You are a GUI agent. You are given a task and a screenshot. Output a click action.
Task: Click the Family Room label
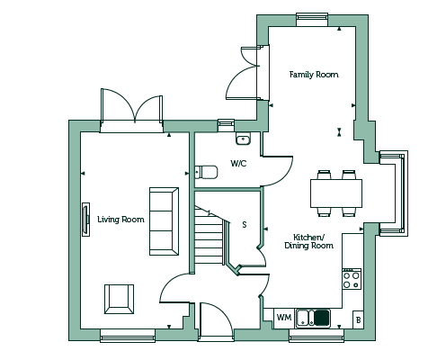tap(314, 75)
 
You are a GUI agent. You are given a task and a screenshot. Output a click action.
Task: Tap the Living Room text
tap(120, 220)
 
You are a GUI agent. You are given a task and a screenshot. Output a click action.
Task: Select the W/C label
tap(238, 164)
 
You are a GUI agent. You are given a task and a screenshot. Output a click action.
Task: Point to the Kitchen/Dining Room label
tap(308, 241)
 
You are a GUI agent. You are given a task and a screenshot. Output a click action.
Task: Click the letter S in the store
tap(245, 224)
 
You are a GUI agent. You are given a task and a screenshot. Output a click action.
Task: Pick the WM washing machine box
tap(283, 318)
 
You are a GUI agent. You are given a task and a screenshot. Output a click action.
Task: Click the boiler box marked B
tap(358, 319)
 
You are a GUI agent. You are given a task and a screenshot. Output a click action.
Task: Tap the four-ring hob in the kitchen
tap(352, 279)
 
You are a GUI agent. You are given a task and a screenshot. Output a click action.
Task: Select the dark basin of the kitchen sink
tap(322, 318)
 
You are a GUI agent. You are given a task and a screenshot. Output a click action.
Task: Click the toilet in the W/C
tap(206, 172)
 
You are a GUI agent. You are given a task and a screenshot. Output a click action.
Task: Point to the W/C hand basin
tap(243, 139)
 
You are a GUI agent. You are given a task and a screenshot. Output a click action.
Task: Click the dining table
tap(336, 193)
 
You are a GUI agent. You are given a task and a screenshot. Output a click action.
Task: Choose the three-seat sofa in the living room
tap(164, 221)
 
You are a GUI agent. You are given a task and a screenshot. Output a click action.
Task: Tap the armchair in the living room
tap(119, 299)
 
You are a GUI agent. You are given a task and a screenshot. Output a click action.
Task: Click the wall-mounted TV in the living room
tap(85, 220)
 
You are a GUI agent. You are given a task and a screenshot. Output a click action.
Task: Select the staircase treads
tap(209, 236)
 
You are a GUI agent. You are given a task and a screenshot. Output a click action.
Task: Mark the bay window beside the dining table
tap(393, 193)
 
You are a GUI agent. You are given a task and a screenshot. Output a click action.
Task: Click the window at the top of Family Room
tap(312, 20)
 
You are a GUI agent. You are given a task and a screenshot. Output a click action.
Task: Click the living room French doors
tap(132, 111)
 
